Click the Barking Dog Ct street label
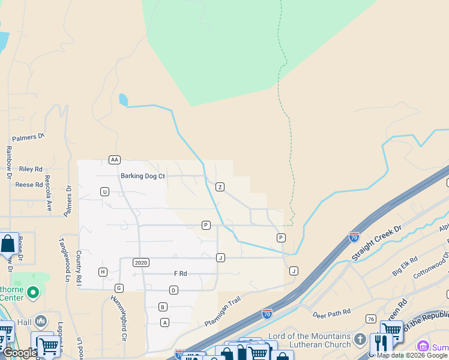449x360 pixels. tap(143, 176)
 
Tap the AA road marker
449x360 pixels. tap(115, 160)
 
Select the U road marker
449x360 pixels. tap(104, 191)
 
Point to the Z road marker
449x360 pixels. tap(220, 187)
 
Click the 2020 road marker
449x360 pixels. tap(141, 263)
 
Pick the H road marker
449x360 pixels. tap(103, 272)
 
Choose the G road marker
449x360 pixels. tap(119, 288)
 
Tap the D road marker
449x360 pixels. tap(173, 290)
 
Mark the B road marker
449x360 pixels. tap(163, 307)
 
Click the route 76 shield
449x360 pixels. tap(371, 319)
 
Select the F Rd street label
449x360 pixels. tap(181, 274)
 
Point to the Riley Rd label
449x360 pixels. tap(31, 170)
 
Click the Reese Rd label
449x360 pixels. tap(29, 185)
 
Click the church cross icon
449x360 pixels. tap(360, 338)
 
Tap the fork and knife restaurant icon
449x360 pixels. tap(380, 343)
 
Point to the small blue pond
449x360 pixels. tap(123, 100)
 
